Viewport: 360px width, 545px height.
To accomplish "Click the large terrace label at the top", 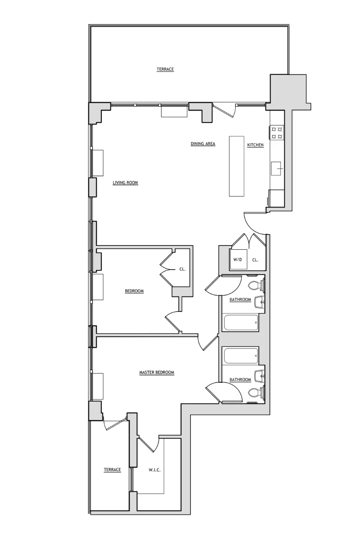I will [165, 69].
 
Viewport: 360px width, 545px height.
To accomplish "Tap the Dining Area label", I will [203, 144].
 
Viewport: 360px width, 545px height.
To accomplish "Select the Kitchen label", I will [255, 145].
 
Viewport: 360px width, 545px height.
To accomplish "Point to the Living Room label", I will [125, 183].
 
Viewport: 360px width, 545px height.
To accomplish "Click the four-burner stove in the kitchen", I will [277, 133].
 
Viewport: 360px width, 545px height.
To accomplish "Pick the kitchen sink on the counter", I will [277, 168].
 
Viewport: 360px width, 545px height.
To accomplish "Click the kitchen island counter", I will [237, 166].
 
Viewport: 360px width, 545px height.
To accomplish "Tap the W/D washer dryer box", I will [238, 260].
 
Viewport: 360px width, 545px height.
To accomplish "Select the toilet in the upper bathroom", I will [255, 286].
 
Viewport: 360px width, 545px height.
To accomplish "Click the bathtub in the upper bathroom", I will [240, 323].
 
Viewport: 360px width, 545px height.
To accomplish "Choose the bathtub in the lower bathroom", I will [241, 355].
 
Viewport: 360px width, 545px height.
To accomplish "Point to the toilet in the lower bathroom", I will [255, 393].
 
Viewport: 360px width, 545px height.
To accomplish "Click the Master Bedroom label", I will [157, 373].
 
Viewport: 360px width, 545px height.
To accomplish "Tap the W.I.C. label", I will [154, 470].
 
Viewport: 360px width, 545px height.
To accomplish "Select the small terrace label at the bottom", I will [112, 470].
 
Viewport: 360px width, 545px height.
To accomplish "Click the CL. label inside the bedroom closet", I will [182, 269].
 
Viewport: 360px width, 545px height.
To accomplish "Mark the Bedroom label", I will [134, 291].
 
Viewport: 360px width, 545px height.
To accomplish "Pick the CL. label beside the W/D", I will [255, 260].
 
